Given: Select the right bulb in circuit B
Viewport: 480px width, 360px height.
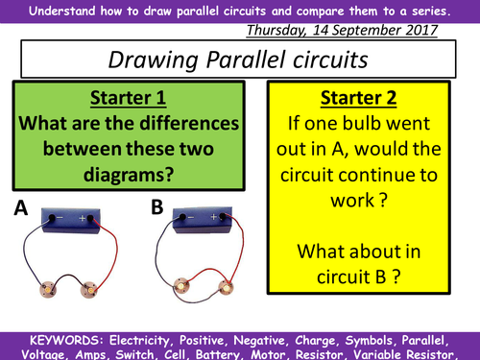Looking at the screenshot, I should tap(228, 286).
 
